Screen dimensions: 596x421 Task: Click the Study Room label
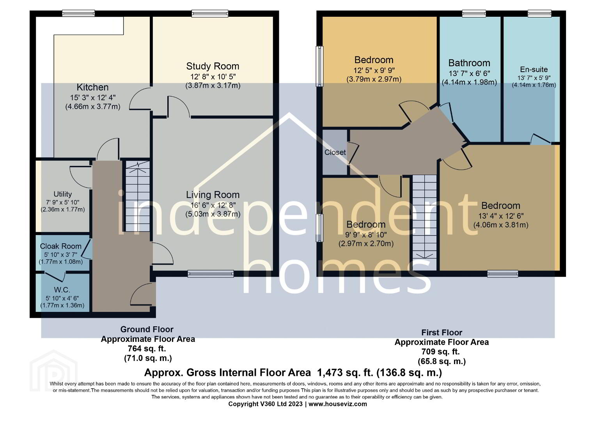click(213, 66)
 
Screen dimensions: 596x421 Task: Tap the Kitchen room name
click(92, 87)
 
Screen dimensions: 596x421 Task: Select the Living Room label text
click(213, 195)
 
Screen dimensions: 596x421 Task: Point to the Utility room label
click(62, 194)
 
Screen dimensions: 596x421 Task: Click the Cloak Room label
click(61, 246)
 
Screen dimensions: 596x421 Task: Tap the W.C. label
click(62, 290)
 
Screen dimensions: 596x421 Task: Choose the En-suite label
click(534, 69)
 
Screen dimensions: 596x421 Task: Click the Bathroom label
click(469, 63)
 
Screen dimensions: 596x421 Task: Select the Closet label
click(335, 152)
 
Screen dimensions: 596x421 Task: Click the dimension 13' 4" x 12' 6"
click(501, 216)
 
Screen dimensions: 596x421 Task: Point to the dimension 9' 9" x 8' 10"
click(366, 235)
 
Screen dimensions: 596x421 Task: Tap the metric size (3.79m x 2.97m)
click(374, 79)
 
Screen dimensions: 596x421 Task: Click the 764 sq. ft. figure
click(147, 348)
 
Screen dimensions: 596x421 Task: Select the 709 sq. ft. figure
click(440, 352)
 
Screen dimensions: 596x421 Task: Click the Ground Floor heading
click(147, 329)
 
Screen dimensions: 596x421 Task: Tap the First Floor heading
click(442, 333)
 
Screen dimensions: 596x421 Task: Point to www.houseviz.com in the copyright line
click(338, 404)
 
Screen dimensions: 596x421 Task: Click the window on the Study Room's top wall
click(210, 13)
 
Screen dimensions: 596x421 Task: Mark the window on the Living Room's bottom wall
click(211, 274)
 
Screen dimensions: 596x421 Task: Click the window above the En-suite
click(539, 13)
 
